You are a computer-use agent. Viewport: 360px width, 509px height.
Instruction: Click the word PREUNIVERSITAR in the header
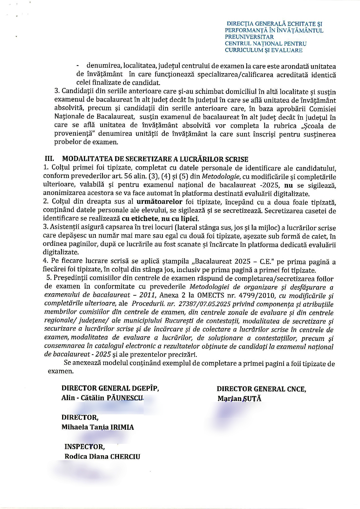tap(249, 37)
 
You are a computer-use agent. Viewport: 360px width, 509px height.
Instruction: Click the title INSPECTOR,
tap(84, 446)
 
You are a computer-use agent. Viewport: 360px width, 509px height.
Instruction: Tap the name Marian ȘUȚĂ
tap(239, 399)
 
